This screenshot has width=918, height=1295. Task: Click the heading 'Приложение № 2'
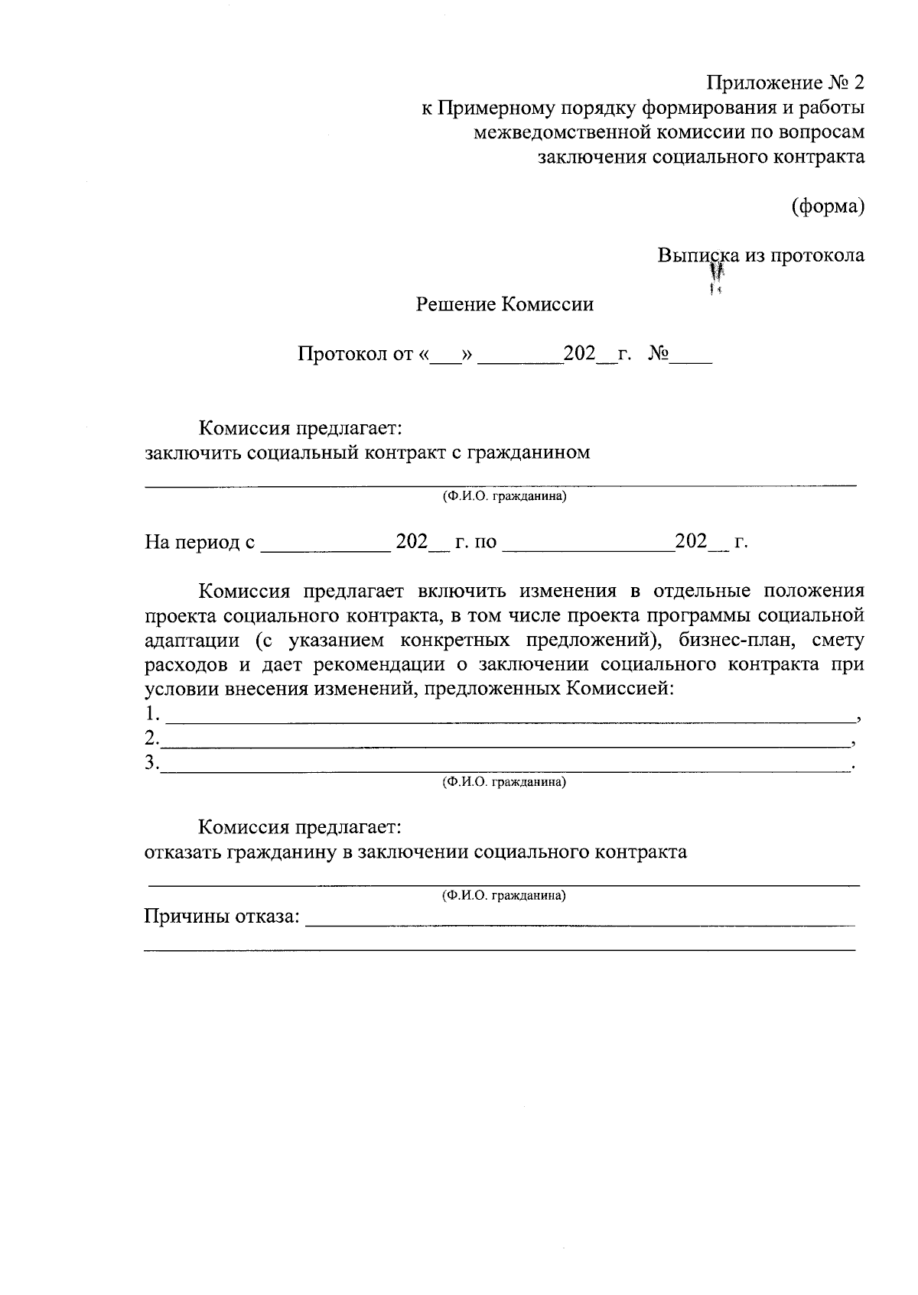pos(786,83)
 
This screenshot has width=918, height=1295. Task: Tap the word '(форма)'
pos(828,206)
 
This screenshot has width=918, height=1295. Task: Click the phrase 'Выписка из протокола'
pos(761,255)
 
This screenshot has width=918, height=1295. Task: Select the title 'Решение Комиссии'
pos(505,305)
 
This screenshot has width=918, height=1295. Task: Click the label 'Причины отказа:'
pos(222,916)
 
